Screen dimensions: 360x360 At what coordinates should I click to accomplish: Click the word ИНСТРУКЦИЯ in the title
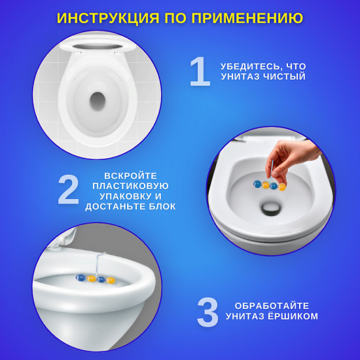[108, 18]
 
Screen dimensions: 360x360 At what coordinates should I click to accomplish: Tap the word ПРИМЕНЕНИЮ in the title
[247, 18]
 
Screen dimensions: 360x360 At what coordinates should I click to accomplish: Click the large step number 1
[200, 71]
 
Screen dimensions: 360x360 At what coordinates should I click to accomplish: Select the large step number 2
[69, 189]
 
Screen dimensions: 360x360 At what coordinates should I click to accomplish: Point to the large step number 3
[207, 312]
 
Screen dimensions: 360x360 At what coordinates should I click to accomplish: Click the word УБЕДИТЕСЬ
[250, 67]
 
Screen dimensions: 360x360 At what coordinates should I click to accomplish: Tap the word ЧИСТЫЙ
[284, 77]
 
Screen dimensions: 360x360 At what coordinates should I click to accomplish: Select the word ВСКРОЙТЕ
[130, 176]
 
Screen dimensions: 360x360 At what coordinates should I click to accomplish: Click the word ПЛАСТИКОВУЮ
[130, 186]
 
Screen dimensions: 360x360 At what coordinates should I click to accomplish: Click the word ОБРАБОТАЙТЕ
[272, 306]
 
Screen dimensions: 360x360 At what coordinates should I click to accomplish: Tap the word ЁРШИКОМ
[293, 316]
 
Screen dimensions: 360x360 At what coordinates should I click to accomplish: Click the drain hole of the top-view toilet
[98, 101]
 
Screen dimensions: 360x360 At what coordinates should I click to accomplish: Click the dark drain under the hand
[271, 208]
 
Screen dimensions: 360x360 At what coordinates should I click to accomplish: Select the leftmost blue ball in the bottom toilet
[81, 278]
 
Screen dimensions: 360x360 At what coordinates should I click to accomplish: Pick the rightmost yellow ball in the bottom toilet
[111, 280]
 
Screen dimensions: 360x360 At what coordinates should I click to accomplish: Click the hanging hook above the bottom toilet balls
[99, 264]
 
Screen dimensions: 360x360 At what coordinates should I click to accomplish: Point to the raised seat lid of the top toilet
[98, 45]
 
